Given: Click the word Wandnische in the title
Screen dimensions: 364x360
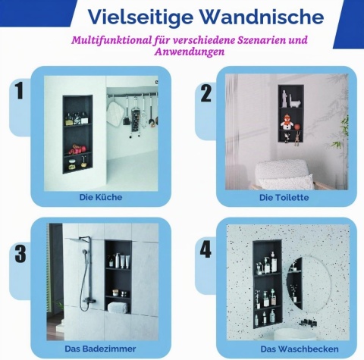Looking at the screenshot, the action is (x=262, y=17).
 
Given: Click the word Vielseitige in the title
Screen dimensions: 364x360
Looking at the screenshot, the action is (x=140, y=17).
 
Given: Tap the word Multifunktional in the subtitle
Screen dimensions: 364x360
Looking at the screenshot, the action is (x=111, y=40).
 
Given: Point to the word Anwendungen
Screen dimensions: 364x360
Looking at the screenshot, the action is (x=190, y=52).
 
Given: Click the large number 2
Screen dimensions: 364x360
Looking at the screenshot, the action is (x=206, y=93).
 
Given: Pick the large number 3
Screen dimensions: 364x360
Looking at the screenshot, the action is (x=20, y=253).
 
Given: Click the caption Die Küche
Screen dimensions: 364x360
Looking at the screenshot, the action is (x=101, y=197).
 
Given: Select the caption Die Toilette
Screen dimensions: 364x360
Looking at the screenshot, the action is (x=284, y=197).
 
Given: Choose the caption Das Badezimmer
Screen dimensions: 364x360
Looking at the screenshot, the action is (x=100, y=349).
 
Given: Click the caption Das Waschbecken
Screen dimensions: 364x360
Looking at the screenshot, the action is (x=300, y=349).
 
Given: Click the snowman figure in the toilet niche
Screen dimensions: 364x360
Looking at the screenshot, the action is (x=287, y=121).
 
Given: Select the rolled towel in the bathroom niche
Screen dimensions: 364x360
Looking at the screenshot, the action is (x=118, y=307).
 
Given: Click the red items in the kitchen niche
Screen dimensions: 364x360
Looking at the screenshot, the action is (x=77, y=149).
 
